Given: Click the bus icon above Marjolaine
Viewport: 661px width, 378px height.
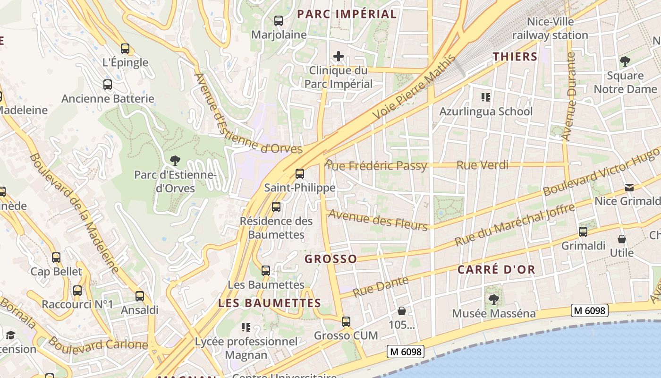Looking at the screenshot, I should pyautogui.click(x=279, y=21).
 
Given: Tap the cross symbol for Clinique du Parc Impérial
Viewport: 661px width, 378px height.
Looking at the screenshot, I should pyautogui.click(x=338, y=57).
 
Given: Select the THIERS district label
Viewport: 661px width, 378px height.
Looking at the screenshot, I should pyautogui.click(x=515, y=57).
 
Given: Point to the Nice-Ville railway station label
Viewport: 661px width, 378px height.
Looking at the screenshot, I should pyautogui.click(x=550, y=28).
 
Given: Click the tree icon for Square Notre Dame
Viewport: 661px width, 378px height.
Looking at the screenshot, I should pyautogui.click(x=625, y=61).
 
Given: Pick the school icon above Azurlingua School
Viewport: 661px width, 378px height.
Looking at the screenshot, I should pyautogui.click(x=485, y=98).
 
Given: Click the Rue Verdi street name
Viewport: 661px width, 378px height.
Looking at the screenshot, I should pyautogui.click(x=482, y=165).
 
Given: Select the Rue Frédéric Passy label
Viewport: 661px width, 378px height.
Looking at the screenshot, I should pyautogui.click(x=376, y=166).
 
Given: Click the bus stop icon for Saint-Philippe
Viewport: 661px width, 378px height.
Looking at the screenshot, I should pyautogui.click(x=300, y=173).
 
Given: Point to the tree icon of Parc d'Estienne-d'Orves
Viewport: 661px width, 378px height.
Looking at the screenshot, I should pyautogui.click(x=175, y=161).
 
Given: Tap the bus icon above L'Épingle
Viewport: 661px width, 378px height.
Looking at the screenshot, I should pyautogui.click(x=125, y=48).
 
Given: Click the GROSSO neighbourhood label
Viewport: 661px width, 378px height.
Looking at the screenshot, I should pyautogui.click(x=330, y=259).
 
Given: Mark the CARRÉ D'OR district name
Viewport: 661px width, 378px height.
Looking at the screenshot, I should pyautogui.click(x=496, y=270).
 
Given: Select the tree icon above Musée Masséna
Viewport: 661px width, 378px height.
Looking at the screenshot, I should pyautogui.click(x=494, y=299).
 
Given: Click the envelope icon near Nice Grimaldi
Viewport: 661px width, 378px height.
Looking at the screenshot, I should pyautogui.click(x=629, y=188).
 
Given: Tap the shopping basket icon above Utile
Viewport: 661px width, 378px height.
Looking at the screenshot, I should pyautogui.click(x=622, y=239).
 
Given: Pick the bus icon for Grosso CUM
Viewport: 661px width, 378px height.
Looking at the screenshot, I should pyautogui.click(x=346, y=322).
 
